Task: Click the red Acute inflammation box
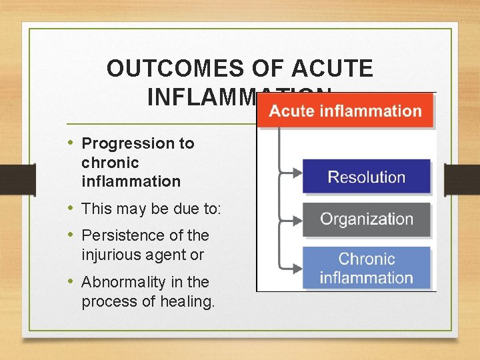click(345, 111)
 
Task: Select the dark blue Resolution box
click(366, 177)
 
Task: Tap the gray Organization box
click(366, 219)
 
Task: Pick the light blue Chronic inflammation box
click(366, 268)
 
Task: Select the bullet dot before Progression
click(72, 143)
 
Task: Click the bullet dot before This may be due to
click(72, 209)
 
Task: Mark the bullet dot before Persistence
click(72, 235)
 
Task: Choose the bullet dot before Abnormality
click(72, 281)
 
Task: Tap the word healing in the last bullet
click(189, 302)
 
